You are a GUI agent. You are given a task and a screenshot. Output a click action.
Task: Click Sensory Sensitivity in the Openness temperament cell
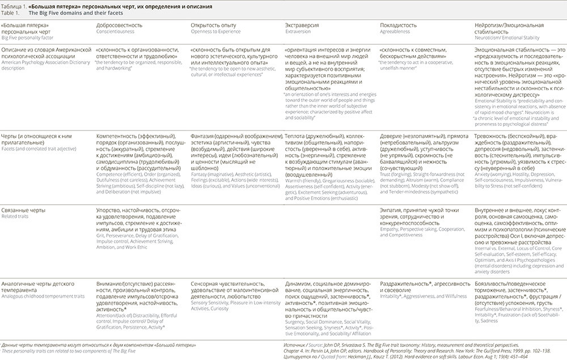(210, 303)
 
